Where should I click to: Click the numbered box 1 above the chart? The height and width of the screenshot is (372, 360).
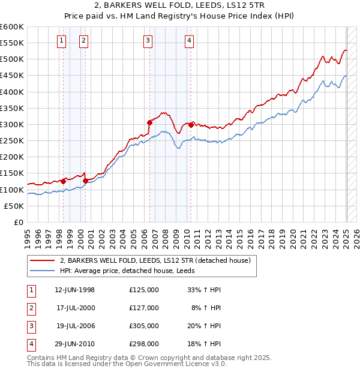click(62, 41)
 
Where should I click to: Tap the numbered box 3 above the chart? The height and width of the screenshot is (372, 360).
click(148, 41)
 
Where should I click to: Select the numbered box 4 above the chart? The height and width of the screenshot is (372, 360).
click(189, 41)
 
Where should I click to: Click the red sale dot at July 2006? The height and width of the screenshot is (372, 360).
click(149, 122)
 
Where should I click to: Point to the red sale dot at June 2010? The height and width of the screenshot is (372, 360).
click(191, 125)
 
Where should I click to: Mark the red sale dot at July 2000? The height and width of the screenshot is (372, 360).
click(85, 180)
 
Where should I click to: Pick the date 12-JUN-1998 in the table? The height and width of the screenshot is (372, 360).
click(74, 290)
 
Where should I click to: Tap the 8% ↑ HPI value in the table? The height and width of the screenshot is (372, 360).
click(206, 308)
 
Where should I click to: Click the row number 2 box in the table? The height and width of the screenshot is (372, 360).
click(31, 308)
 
